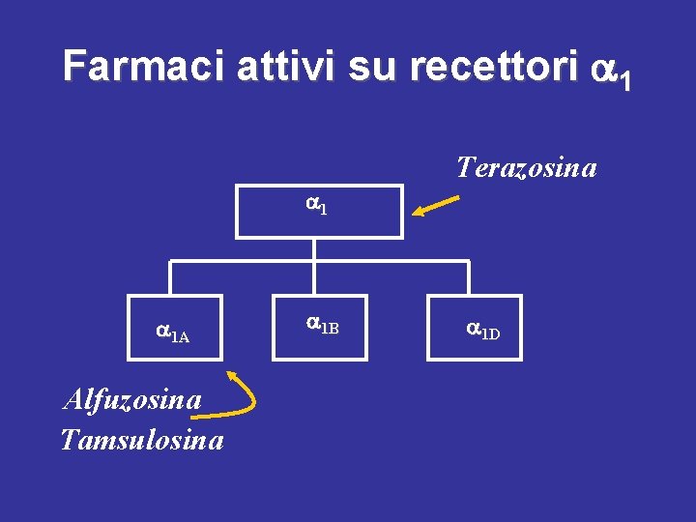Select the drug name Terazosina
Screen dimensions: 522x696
[526, 168]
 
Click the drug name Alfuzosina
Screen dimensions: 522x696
[131, 398]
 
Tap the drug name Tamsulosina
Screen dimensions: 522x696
[142, 441]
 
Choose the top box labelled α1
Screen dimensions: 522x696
[318, 211]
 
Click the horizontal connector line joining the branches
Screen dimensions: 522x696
[318, 262]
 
